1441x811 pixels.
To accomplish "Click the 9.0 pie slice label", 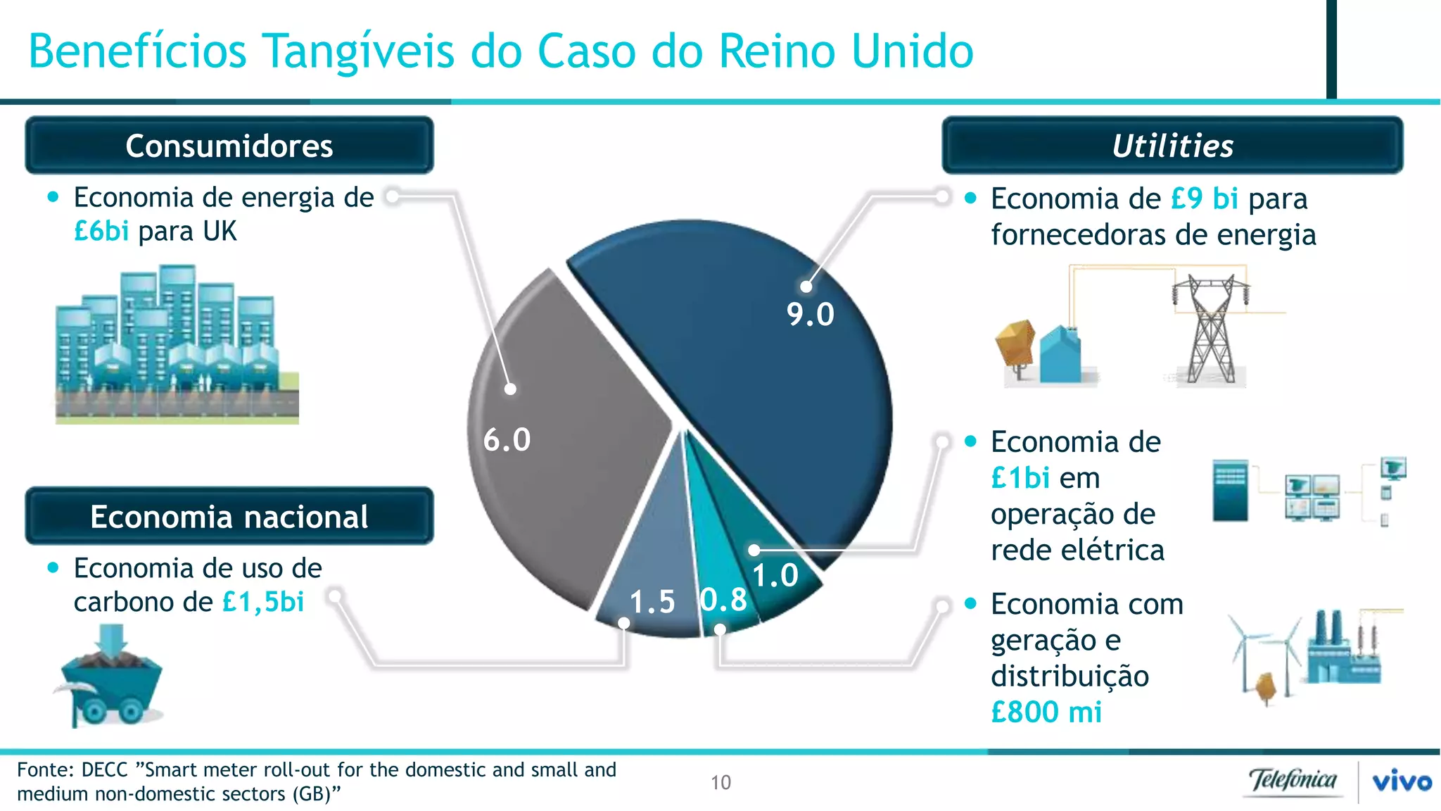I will point(811,315).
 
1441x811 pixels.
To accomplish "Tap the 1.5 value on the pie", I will point(652,603).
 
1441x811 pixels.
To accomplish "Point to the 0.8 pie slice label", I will point(724,600).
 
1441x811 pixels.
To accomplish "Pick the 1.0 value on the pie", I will point(775,576).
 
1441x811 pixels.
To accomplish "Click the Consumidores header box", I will point(229,146).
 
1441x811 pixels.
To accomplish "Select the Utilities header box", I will point(1172,146).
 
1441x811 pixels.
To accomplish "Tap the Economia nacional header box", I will point(229,517).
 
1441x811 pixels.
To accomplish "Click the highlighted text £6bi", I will point(101,232).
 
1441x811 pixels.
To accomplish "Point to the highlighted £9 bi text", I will point(1204,199).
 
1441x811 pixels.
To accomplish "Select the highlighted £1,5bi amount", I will point(263,603).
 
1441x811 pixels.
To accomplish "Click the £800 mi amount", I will point(1046,712).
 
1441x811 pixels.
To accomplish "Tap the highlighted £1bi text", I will point(1020,479).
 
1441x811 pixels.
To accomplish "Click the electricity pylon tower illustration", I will point(1210,329).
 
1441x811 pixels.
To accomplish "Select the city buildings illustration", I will point(177,345).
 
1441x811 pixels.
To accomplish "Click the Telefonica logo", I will point(1293,781).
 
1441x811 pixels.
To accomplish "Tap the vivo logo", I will point(1402,781).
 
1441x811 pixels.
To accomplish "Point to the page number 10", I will point(720,783).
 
